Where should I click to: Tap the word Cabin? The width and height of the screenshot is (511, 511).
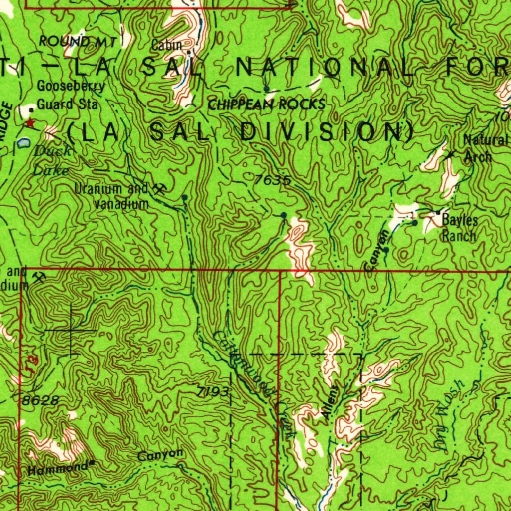pyautogui.click(x=167, y=45)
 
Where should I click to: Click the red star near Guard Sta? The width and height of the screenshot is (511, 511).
pyautogui.click(x=30, y=122)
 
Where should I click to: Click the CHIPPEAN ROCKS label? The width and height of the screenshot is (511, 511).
pyautogui.click(x=266, y=105)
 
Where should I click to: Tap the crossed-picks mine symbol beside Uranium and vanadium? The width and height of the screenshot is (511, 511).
pyautogui.click(x=159, y=189)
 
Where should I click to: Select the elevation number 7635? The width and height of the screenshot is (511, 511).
pyautogui.click(x=271, y=180)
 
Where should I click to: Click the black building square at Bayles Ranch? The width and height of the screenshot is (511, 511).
pyautogui.click(x=438, y=213)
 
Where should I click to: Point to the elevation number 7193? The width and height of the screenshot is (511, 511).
pyautogui.click(x=212, y=393)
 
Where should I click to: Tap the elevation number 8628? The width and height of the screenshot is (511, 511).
pyautogui.click(x=40, y=401)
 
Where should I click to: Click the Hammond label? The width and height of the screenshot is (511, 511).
pyautogui.click(x=58, y=469)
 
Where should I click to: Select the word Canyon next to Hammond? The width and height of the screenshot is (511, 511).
pyautogui.click(x=160, y=455)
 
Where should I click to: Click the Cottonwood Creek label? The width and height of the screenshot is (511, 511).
pyautogui.click(x=252, y=384)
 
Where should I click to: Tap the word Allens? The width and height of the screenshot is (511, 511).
pyautogui.click(x=330, y=402)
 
